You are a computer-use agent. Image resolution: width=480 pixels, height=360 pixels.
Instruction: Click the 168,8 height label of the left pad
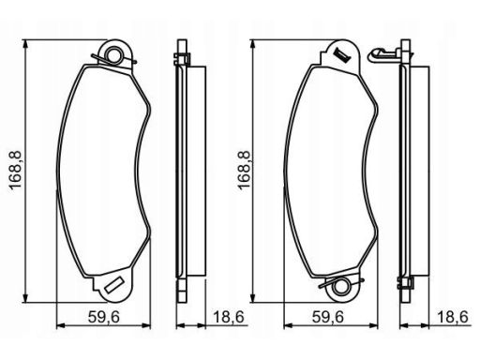pos(16,170)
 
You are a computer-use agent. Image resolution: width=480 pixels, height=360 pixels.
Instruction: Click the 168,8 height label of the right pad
pos(245,170)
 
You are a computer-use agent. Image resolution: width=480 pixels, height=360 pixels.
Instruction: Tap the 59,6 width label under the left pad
pos(104,317)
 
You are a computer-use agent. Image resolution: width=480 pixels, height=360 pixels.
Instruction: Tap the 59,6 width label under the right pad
pos(328,317)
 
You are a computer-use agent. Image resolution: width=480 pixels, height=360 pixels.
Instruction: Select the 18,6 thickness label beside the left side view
pos(229,317)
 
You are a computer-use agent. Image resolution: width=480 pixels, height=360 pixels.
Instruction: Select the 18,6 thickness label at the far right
pos(453,317)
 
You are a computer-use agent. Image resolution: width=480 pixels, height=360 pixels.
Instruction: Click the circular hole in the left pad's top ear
pos(113,54)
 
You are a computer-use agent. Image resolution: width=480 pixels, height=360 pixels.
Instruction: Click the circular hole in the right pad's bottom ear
pos(340,287)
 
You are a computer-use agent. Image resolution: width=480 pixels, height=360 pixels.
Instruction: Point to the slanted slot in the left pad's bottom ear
pos(113,285)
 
